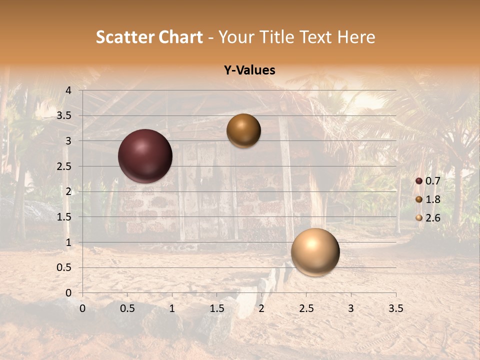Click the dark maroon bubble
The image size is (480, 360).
point(145,156)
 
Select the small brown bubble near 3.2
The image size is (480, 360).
point(243,130)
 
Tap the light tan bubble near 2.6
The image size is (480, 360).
point(315,252)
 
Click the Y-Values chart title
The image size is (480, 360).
point(249,70)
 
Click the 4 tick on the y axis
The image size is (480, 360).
point(68,90)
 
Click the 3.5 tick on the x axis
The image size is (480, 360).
point(395,308)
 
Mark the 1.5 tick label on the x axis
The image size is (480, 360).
point(216,308)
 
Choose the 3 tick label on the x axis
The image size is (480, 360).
point(351,308)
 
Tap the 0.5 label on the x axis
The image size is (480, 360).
point(127,308)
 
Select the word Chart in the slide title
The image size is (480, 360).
point(180,37)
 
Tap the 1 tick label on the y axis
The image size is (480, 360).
point(68,242)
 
